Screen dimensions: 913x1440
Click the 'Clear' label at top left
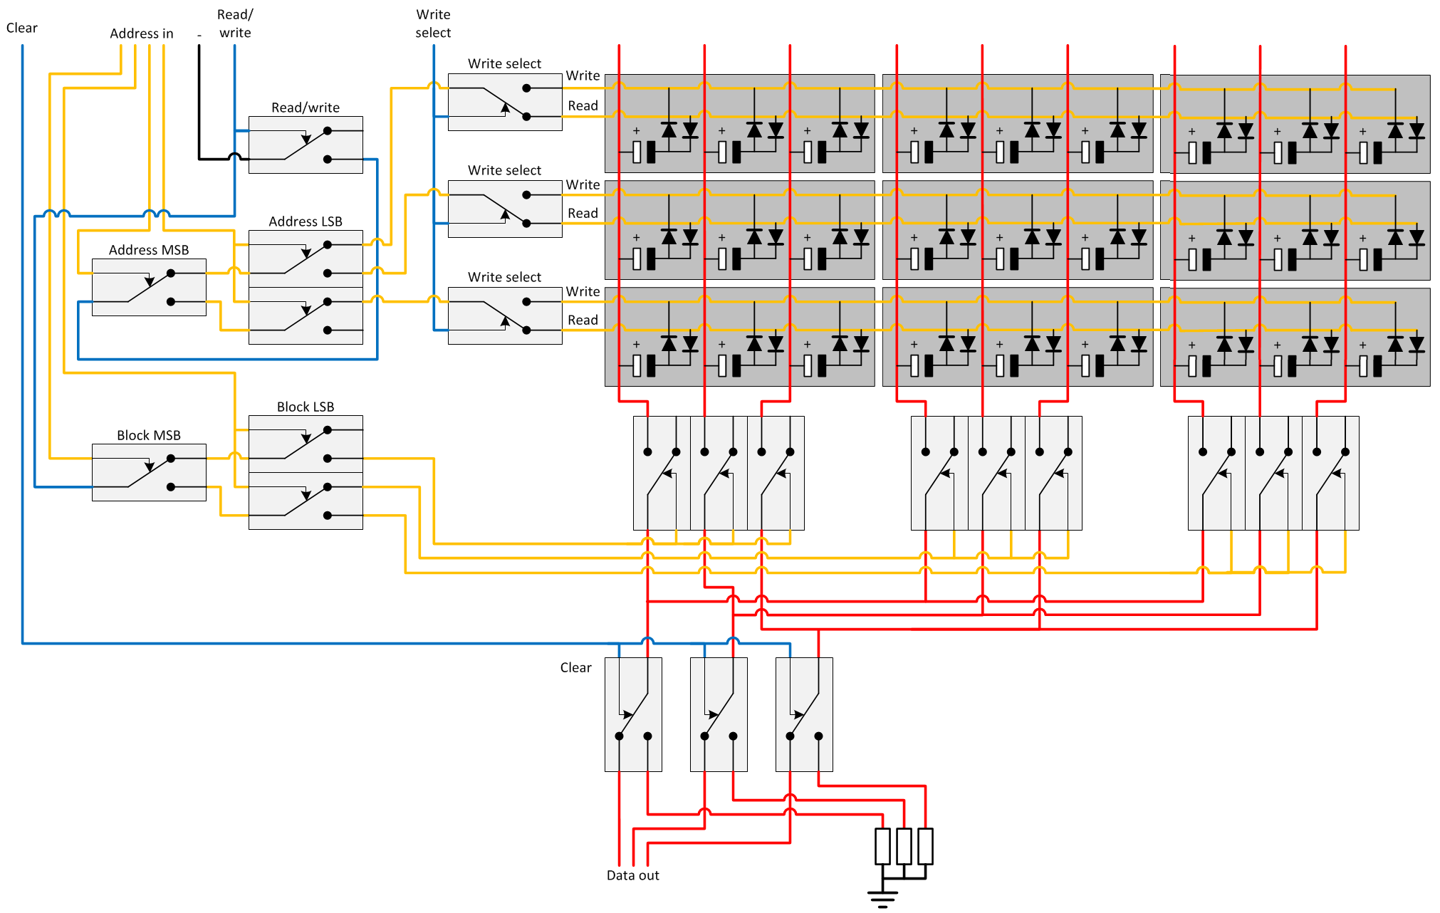[x=21, y=28]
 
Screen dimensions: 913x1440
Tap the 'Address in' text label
[x=141, y=33]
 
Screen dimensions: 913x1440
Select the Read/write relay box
[x=306, y=145]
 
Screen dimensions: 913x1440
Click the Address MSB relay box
[x=149, y=287]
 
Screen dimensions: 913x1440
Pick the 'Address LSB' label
[x=305, y=221]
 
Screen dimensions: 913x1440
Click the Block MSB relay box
[x=149, y=472]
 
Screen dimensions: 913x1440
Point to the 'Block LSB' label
[x=305, y=407]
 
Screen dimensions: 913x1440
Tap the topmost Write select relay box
[x=505, y=102]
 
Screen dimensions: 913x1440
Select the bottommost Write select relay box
[x=505, y=315]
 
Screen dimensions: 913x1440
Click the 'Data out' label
[x=632, y=875]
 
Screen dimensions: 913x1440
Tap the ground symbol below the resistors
[x=882, y=899]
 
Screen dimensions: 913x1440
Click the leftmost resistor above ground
[x=882, y=846]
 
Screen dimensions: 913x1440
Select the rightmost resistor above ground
[x=925, y=846]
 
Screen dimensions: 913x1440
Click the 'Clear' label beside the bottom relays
[x=575, y=667]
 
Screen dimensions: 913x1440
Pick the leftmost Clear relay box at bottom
[x=633, y=714]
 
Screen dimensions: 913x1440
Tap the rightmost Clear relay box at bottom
[x=804, y=714]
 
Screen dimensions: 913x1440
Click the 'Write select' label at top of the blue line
[x=433, y=24]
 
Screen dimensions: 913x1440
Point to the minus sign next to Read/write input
[x=199, y=35]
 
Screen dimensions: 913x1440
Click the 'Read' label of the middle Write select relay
[x=583, y=213]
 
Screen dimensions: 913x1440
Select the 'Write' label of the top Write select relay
[x=583, y=75]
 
